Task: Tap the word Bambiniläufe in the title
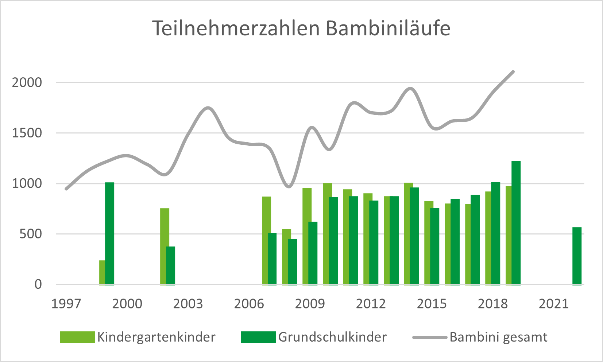coord(388,28)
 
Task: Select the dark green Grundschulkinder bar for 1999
coord(109,233)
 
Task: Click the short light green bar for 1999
coord(102,272)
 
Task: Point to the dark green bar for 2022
coord(577,256)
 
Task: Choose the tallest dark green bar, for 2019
coord(516,222)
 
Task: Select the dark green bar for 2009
coord(313,253)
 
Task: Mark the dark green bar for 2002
coord(170,265)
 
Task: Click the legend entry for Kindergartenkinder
coord(156,337)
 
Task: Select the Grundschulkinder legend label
coord(332,337)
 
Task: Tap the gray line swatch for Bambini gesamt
coord(429,338)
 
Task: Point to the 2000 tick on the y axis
coord(27,82)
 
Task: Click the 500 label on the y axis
coord(31,234)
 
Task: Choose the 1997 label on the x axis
coord(66,304)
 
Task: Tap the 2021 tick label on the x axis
coord(553,304)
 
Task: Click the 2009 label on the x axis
coord(310,304)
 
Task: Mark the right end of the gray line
coord(513,71)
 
